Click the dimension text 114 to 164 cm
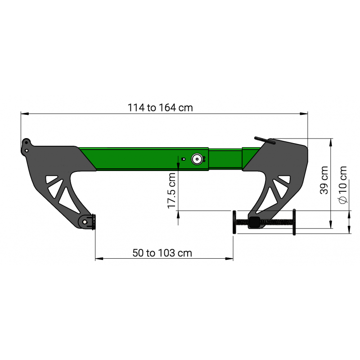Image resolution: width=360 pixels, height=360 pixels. [x=160, y=108]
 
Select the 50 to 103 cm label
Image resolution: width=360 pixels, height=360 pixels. [x=162, y=253]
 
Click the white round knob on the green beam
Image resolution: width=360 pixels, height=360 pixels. [x=197, y=159]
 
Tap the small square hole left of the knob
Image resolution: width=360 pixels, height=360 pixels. [x=183, y=159]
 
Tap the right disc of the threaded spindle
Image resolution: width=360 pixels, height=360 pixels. [x=293, y=221]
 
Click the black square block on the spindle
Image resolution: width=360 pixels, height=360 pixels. [x=255, y=221]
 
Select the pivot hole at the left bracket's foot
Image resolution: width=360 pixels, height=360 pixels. [x=85, y=222]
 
